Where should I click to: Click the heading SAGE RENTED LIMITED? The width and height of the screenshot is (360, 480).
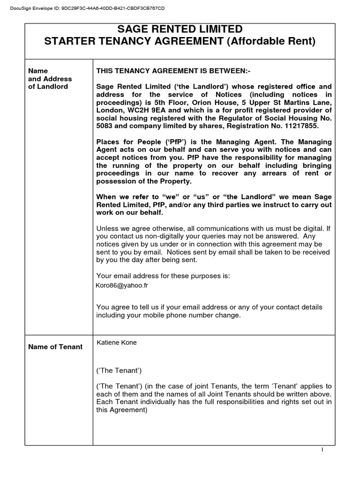click(180, 30)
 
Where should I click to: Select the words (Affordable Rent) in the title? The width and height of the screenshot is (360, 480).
click(271, 41)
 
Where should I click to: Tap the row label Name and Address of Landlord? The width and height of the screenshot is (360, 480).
click(48, 79)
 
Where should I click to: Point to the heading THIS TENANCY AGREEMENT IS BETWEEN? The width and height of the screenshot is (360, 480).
click(173, 71)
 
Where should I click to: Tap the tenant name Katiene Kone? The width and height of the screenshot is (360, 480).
click(117, 343)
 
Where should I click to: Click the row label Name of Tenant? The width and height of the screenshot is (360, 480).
click(55, 347)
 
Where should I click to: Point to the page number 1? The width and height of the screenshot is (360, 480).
click(322, 450)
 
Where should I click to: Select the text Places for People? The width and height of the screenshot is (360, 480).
click(123, 142)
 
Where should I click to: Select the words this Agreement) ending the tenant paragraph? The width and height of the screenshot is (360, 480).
click(121, 410)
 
